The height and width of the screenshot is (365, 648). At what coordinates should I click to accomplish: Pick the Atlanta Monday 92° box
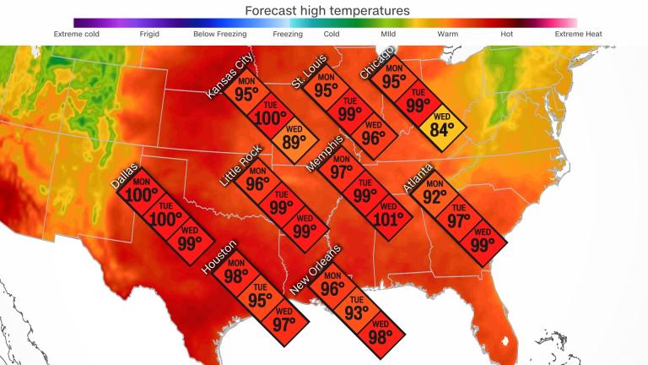[x=434, y=195]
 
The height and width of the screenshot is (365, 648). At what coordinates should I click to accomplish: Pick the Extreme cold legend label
[x=77, y=34]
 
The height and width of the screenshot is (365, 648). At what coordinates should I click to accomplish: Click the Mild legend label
[x=388, y=34]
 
